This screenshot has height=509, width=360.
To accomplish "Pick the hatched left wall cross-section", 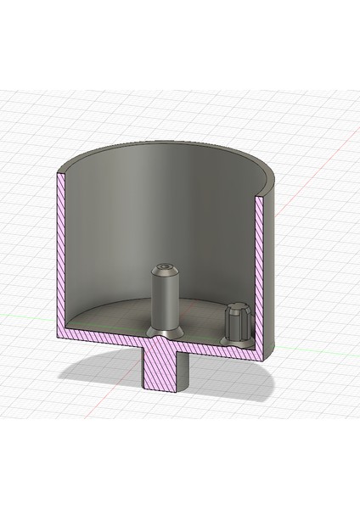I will coord(60,255).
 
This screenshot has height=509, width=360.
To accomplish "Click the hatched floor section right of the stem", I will coord(221,348).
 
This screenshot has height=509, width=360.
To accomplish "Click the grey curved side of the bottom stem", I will coord(185,373).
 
